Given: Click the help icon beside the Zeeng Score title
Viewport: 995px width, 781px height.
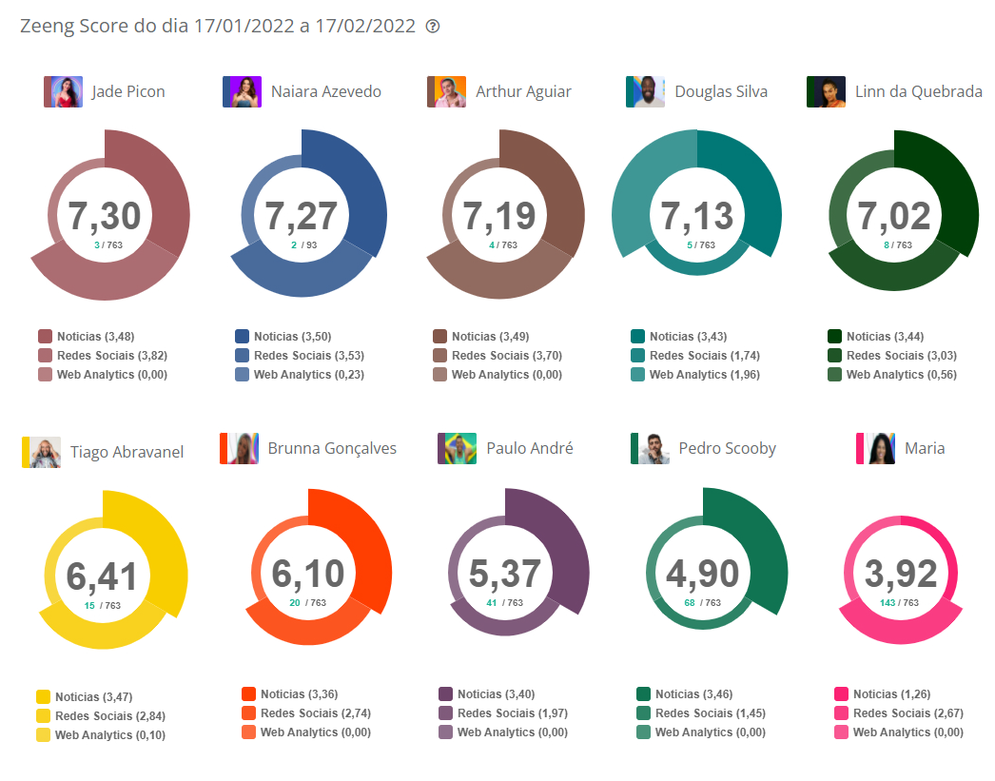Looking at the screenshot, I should (x=433, y=27).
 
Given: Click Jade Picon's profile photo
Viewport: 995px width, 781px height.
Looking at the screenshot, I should (x=63, y=91).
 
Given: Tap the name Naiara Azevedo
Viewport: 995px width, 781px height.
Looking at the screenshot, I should (x=325, y=91).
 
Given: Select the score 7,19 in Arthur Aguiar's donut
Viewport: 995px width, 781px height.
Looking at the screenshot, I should (x=499, y=216).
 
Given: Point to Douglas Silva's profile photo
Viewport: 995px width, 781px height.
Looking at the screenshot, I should (x=645, y=91).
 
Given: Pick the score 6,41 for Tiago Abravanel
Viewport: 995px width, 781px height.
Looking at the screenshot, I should (x=102, y=576).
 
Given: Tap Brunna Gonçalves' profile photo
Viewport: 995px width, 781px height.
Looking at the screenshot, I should (x=239, y=448).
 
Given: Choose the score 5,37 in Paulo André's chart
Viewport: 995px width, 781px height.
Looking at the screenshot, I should (x=505, y=574).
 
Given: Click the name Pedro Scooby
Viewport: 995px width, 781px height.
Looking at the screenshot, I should (x=727, y=448).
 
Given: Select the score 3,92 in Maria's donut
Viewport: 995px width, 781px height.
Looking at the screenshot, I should (x=901, y=574).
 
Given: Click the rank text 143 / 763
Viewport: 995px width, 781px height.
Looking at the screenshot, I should (x=900, y=603).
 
